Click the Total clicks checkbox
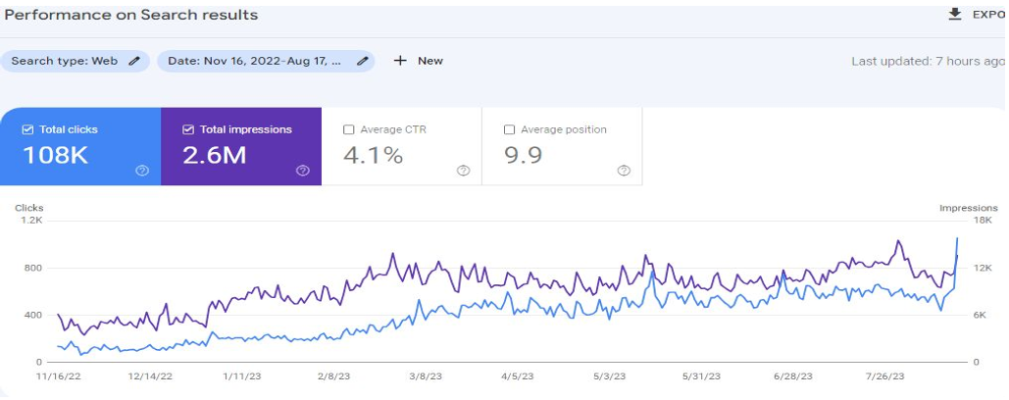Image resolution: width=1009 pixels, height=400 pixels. (27, 129)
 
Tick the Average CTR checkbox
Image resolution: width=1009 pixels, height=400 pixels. (349, 129)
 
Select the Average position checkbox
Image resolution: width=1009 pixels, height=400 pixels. (509, 129)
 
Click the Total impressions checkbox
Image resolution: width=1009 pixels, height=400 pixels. (189, 129)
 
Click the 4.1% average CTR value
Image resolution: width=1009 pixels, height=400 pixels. (374, 155)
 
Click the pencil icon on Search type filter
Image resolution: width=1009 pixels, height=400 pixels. (134, 61)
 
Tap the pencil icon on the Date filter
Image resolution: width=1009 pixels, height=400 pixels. (363, 61)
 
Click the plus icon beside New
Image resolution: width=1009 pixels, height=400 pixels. (400, 61)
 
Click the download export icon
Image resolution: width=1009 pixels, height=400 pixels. (954, 14)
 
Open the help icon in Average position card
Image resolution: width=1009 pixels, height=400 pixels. (624, 171)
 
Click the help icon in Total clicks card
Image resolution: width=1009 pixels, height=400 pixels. (142, 171)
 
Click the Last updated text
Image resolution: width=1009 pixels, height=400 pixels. (927, 61)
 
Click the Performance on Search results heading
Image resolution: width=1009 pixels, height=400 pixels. (131, 15)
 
